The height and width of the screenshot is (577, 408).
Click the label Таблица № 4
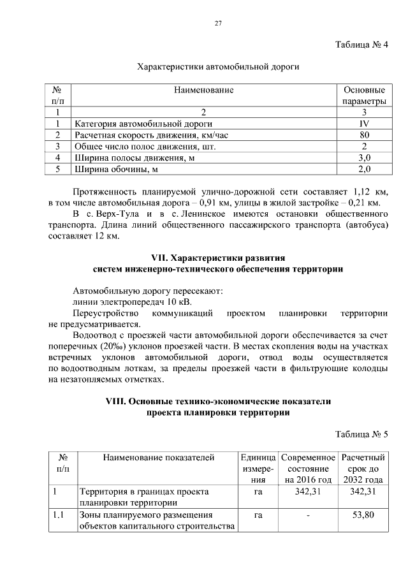pos(361,44)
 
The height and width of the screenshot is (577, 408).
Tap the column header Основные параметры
pos(363,96)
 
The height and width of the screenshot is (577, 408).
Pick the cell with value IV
pos(363,124)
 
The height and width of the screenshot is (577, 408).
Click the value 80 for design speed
pos(363,135)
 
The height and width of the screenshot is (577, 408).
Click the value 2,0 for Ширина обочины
pos(363,170)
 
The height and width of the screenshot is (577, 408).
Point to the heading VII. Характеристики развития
pos(217,258)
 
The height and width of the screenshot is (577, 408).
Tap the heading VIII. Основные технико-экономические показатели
pos(217,402)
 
